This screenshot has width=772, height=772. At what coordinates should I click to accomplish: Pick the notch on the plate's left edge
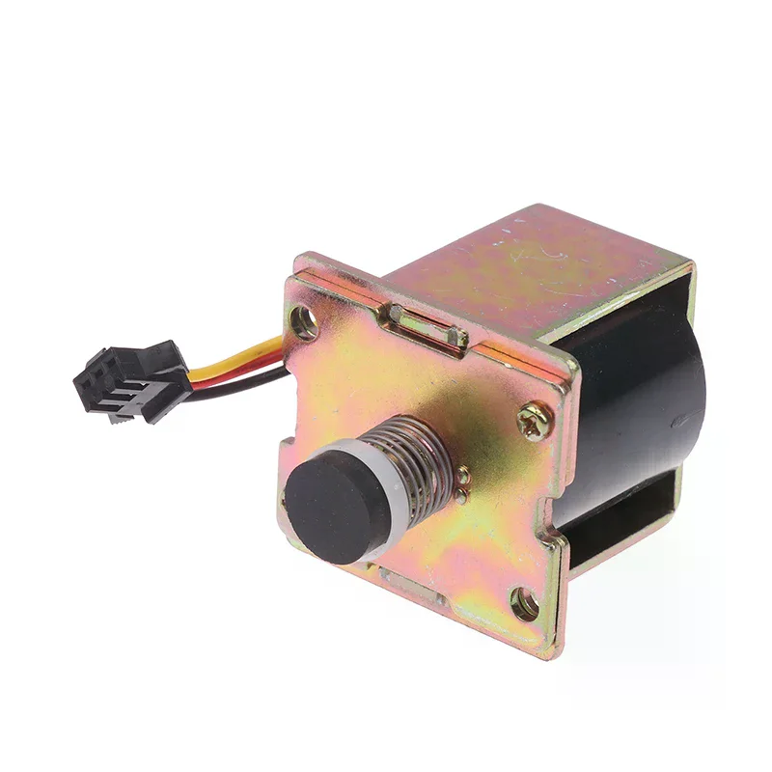click(x=289, y=454)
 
